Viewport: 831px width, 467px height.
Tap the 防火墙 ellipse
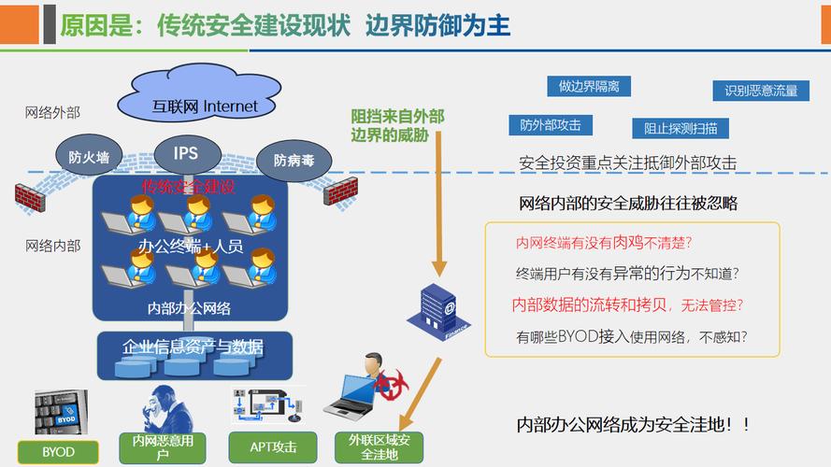click(90, 157)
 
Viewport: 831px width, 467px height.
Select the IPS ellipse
click(185, 152)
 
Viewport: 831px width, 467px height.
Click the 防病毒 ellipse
click(294, 160)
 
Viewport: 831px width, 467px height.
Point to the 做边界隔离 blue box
click(589, 86)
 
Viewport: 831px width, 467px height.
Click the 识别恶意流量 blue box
click(761, 91)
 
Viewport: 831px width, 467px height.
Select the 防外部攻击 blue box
click(551, 124)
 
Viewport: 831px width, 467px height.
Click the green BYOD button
click(58, 451)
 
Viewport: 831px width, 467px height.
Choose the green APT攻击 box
click(273, 446)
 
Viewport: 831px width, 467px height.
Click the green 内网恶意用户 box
click(163, 447)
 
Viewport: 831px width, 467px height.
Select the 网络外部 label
click(52, 112)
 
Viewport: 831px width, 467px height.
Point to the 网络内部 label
click(52, 246)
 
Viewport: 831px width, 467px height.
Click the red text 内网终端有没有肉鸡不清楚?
click(604, 243)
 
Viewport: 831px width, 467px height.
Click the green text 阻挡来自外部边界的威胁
click(396, 124)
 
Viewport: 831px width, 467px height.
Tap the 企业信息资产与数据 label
click(193, 347)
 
